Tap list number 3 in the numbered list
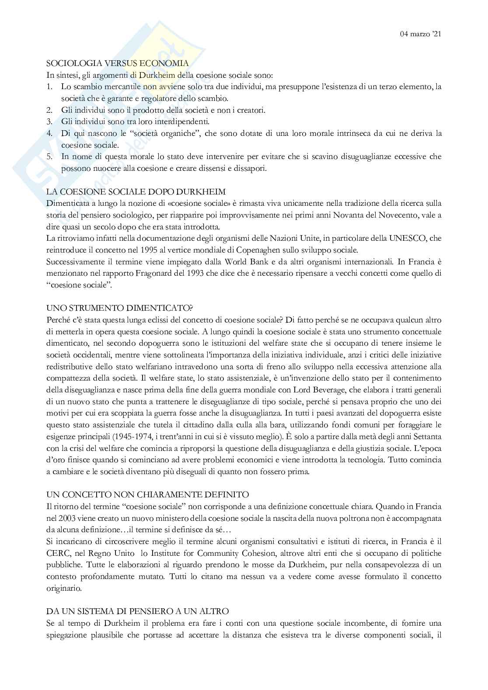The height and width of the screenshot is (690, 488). (x=50, y=121)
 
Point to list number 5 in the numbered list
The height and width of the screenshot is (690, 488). (x=50, y=156)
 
